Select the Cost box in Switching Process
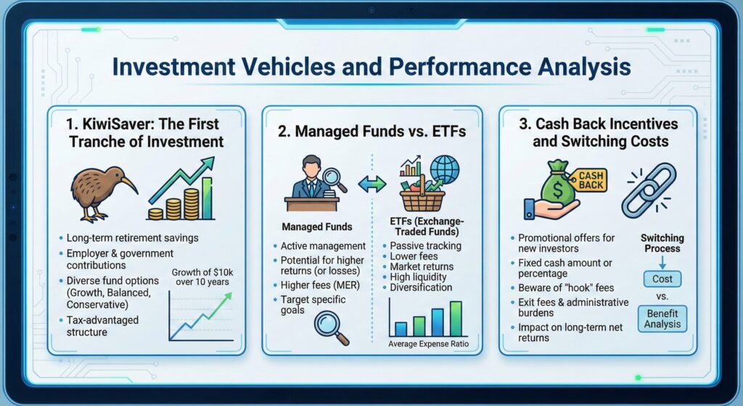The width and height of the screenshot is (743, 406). click(662, 278)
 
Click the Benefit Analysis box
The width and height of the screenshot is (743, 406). click(662, 317)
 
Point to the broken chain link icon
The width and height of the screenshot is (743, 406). click(648, 190)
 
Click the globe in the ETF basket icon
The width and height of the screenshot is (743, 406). click(444, 169)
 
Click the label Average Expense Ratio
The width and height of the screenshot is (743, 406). click(427, 344)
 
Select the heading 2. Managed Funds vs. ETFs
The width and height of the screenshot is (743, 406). click(372, 131)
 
